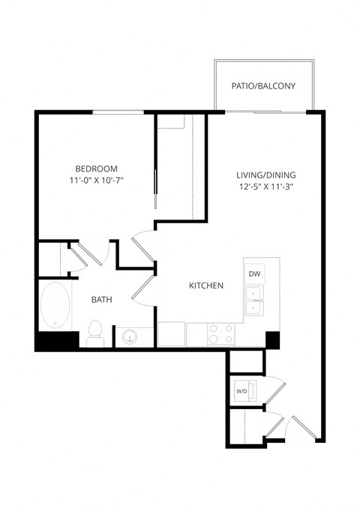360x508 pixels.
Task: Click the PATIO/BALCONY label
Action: pos(262,86)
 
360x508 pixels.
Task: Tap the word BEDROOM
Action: pos(97,168)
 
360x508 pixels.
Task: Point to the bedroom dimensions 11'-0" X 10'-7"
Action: pos(97,181)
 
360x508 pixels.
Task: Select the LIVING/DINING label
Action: pos(262,175)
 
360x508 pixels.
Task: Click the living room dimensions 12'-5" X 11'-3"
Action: pos(262,188)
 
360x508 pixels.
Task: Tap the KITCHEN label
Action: pos(205,285)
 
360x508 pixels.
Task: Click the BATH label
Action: pos(102,300)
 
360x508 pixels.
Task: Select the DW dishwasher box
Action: pos(253,274)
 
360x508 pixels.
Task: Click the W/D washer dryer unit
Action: pos(242,391)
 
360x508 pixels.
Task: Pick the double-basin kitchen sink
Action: pos(254,306)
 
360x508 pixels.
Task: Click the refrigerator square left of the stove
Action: pos(171,334)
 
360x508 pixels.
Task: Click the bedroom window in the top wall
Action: pos(118,112)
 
